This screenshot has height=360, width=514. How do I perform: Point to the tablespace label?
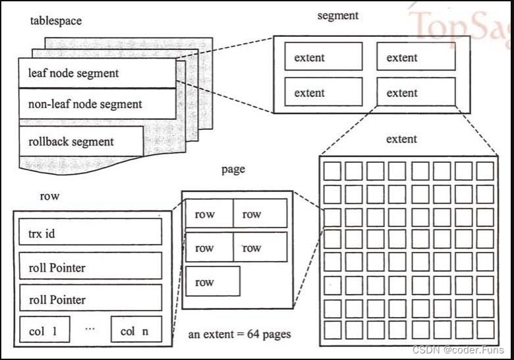click(x=56, y=20)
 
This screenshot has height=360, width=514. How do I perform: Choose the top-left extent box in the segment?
click(x=324, y=57)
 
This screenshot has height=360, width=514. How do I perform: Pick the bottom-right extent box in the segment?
click(x=416, y=92)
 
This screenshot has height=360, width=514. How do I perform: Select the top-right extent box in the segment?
click(x=416, y=57)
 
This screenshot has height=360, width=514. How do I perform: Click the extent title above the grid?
click(x=402, y=139)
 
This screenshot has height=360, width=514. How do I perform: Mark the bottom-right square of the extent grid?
click(x=485, y=329)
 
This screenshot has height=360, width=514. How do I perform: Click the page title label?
click(x=233, y=169)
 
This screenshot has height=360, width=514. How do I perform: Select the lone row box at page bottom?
click(x=213, y=282)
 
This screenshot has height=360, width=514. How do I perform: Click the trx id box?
click(x=90, y=233)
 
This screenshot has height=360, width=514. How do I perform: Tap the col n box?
click(x=136, y=330)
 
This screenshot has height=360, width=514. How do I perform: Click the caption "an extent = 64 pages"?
click(x=239, y=334)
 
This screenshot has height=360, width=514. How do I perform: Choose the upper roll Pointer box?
click(x=90, y=267)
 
